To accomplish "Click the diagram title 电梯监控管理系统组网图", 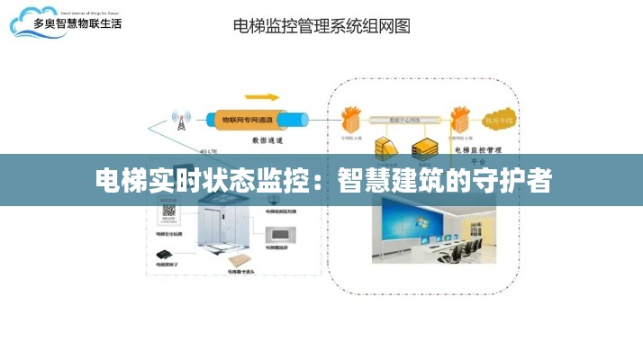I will (x=321, y=26).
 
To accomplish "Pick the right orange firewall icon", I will (x=460, y=119).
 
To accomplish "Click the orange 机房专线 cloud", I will (x=498, y=120).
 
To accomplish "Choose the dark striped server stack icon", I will (x=422, y=148).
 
